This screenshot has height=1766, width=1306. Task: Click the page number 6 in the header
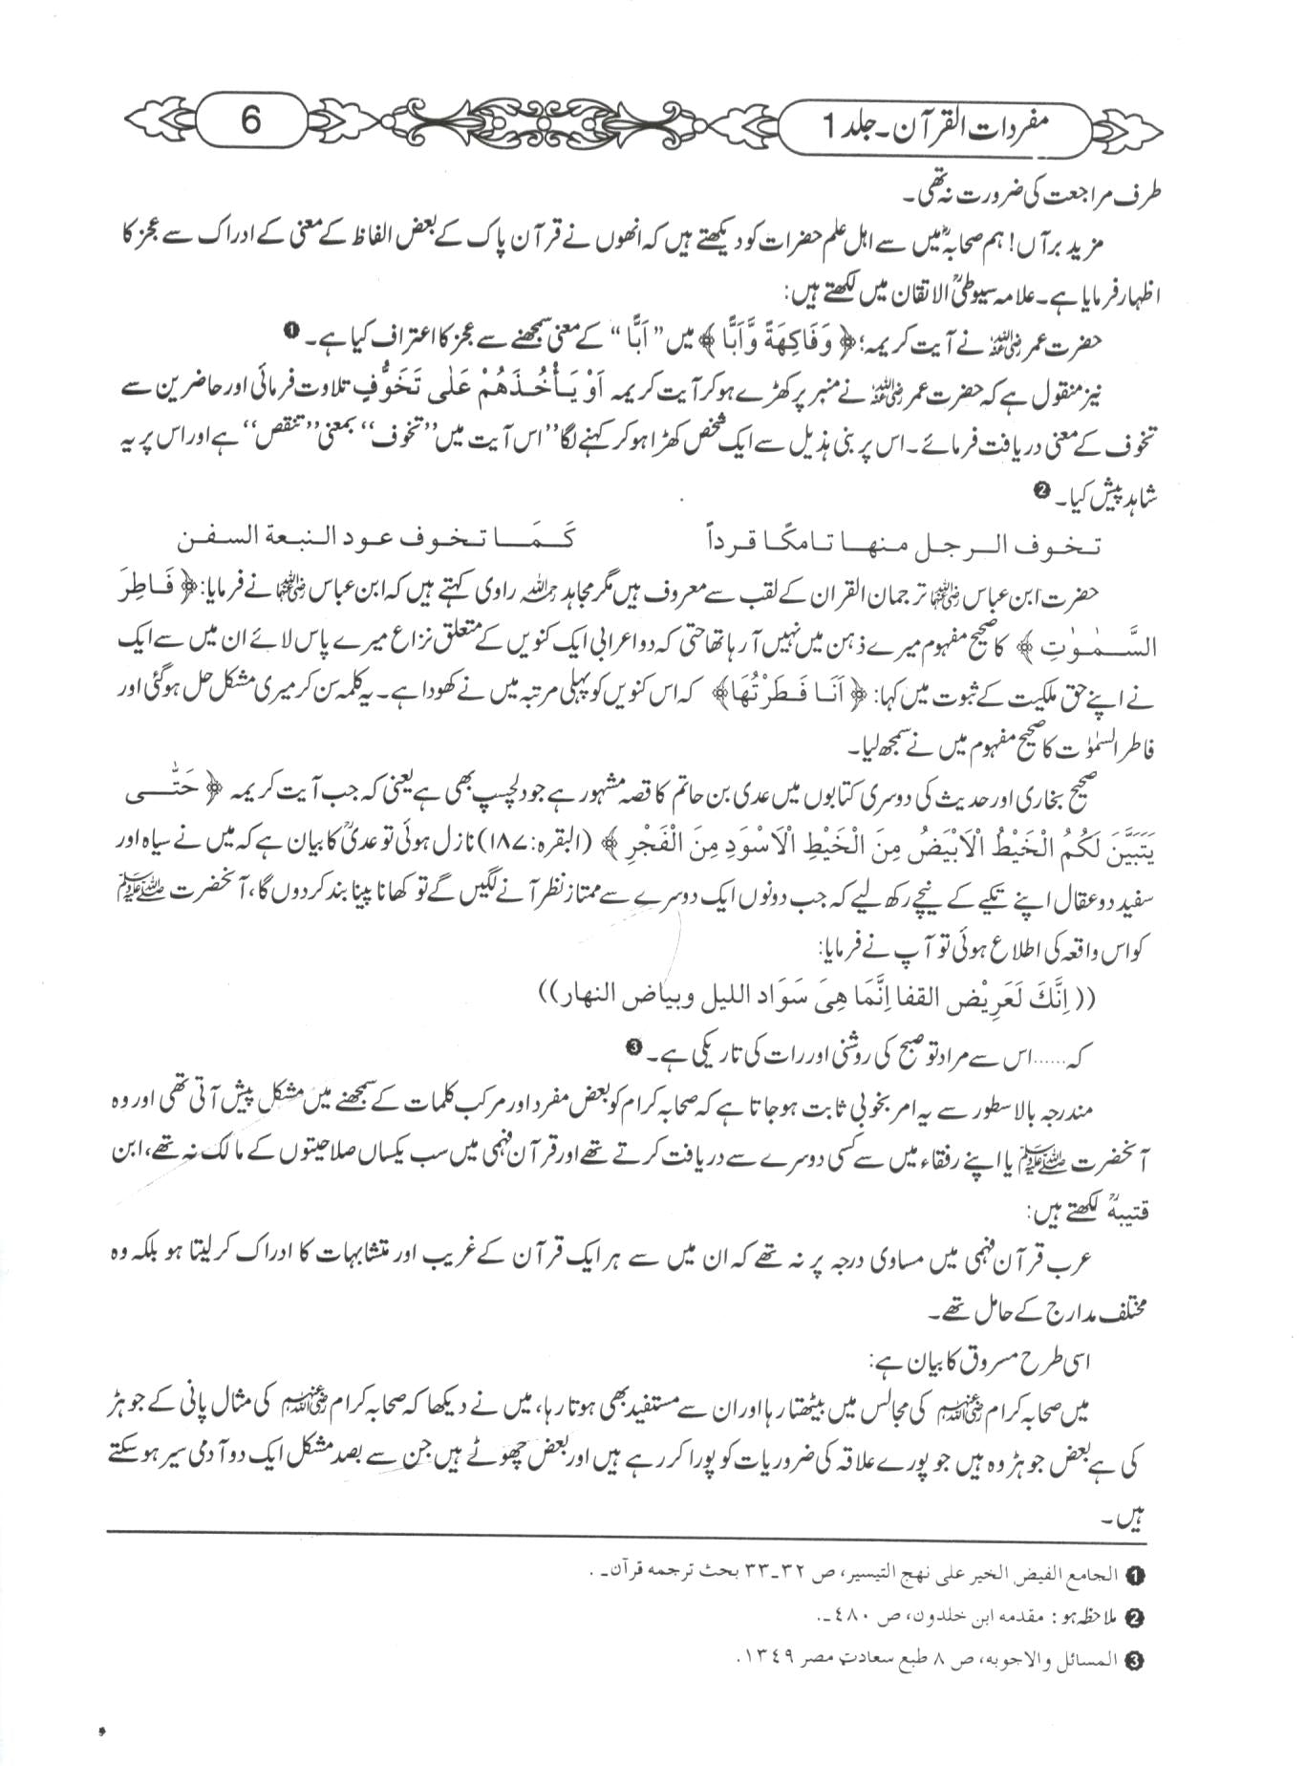250,121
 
